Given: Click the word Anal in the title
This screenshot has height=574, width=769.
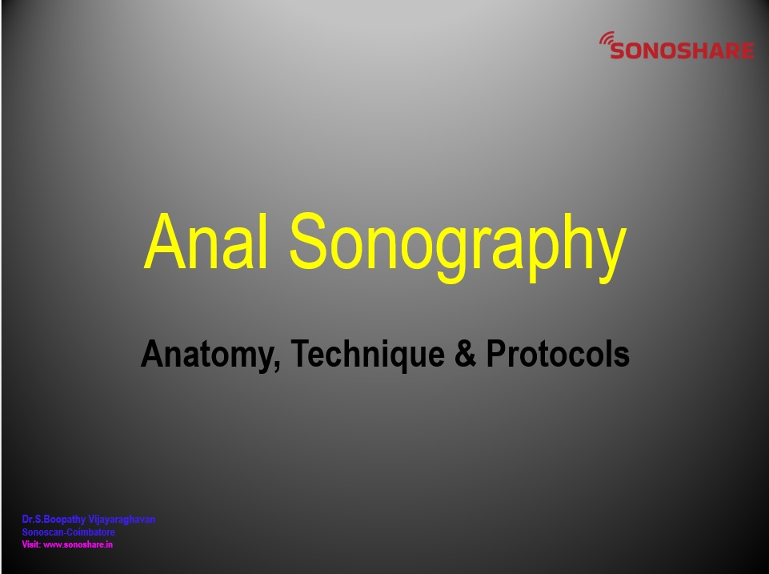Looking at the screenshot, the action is (206, 241).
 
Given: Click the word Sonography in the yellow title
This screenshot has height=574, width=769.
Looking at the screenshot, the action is (458, 247).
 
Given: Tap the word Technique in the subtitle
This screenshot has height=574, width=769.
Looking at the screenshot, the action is (367, 355).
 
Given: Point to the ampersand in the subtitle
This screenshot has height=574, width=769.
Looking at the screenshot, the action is (466, 353).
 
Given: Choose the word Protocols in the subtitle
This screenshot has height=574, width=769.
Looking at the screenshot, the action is (558, 353).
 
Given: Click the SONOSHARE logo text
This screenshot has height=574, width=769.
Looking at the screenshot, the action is (683, 50).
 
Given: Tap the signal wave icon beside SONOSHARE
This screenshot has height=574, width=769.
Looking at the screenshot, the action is (607, 38).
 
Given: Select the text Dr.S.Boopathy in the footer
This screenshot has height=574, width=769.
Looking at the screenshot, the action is (54, 520).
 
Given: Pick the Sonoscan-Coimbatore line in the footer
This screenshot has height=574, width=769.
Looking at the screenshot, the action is (69, 532).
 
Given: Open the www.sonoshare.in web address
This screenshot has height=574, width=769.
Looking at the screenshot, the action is (78, 544).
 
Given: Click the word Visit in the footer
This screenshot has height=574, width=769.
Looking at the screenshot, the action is (31, 544).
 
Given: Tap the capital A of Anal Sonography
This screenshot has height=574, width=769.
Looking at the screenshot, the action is (165, 241).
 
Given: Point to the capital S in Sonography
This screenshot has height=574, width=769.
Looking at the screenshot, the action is (308, 241).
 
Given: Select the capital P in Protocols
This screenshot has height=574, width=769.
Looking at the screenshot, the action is (496, 353).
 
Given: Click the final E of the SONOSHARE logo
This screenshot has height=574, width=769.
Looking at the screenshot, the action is (747, 51).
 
